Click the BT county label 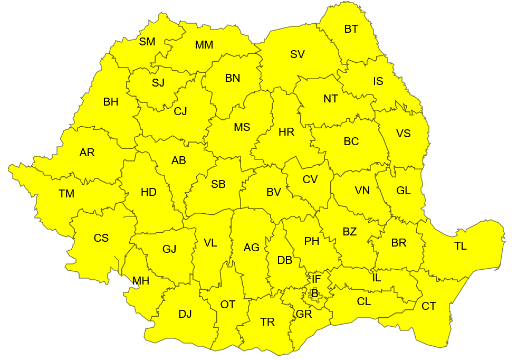(x=351, y=29)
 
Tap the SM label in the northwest (x=147, y=42)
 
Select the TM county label (x=66, y=194)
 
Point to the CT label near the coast (x=429, y=306)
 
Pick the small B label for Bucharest (x=314, y=292)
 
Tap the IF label (x=316, y=279)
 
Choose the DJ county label (x=185, y=314)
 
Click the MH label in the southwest (x=141, y=281)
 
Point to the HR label (x=286, y=132)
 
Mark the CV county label (x=310, y=179)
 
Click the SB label (x=218, y=184)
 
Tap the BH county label (x=111, y=102)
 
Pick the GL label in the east (x=403, y=191)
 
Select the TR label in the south (x=267, y=322)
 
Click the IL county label (x=376, y=277)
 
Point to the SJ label (x=158, y=82)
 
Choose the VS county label (x=403, y=133)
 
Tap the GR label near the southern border (x=304, y=314)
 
